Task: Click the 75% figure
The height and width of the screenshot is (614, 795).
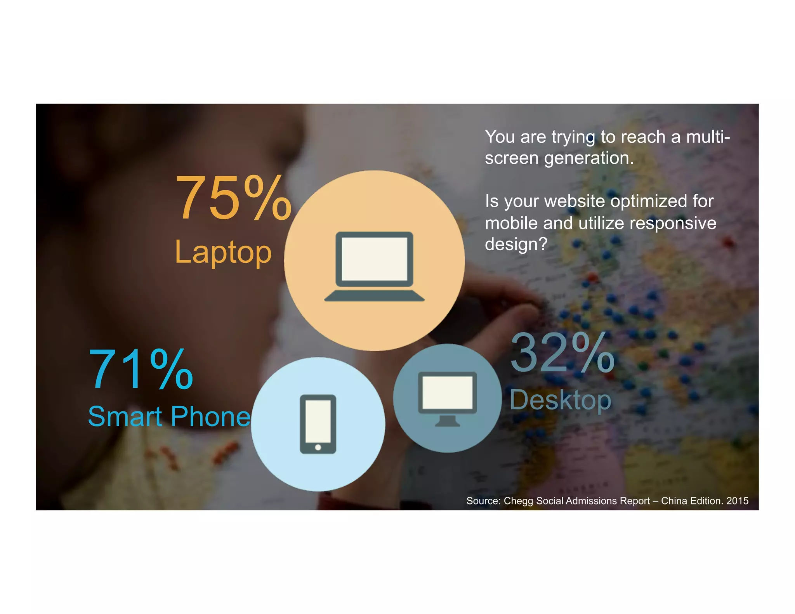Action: (233, 198)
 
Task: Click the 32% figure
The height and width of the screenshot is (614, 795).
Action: (562, 353)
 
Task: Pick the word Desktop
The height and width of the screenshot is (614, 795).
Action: (560, 400)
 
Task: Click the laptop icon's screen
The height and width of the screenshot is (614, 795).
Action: (374, 258)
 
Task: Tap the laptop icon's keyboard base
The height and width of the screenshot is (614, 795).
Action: (374, 296)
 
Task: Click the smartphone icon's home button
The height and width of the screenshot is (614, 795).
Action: (318, 447)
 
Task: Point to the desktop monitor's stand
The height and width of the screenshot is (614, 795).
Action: (447, 421)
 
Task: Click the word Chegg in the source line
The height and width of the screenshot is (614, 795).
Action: (519, 501)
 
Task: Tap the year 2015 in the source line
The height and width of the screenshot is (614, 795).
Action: (737, 501)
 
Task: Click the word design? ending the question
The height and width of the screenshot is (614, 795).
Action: (516, 245)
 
